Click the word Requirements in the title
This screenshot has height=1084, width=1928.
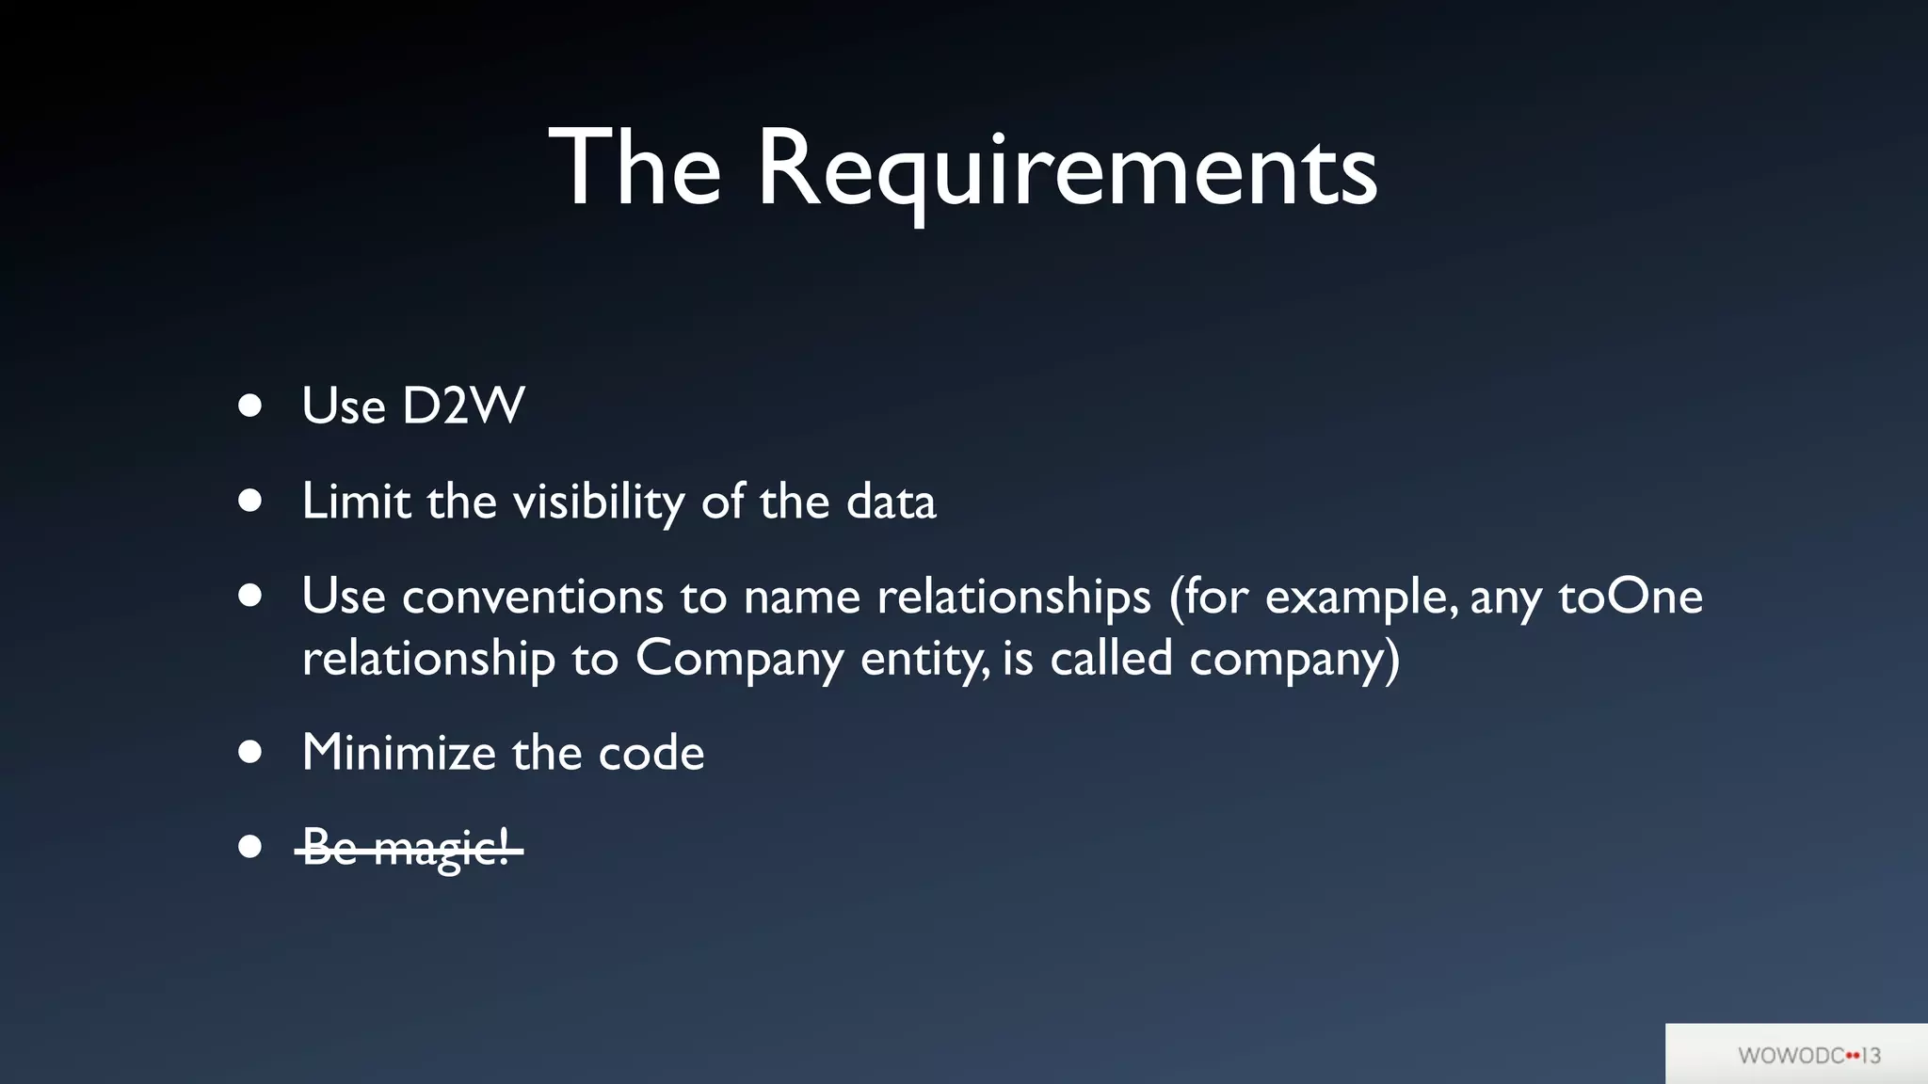coord(1067,170)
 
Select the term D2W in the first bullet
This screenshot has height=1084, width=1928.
coord(463,406)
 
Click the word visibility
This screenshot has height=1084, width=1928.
coord(599,502)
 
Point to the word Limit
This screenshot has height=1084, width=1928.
coord(356,501)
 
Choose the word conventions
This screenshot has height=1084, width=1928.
coord(533,598)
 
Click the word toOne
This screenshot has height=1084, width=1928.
coord(1631,597)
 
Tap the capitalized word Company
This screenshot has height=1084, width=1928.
coord(739,659)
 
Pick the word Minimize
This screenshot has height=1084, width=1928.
coord(398,753)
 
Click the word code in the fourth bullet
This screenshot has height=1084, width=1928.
coord(651,753)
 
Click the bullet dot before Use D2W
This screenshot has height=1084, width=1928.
coord(249,406)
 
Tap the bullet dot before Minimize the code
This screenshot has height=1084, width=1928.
coord(249,752)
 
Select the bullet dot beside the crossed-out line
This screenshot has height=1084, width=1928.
coord(249,847)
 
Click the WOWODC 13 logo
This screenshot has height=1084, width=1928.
coord(1808,1055)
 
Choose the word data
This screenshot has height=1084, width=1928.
coord(891,502)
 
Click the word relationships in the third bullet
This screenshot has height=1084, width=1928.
coord(1014,598)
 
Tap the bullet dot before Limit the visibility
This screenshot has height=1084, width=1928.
coord(249,501)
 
